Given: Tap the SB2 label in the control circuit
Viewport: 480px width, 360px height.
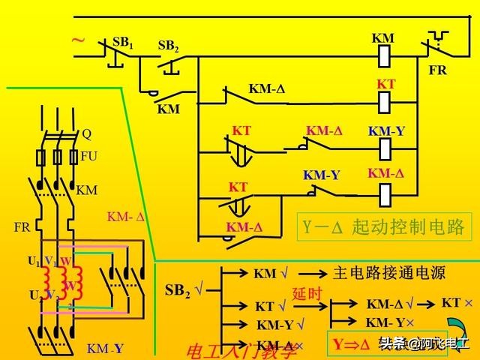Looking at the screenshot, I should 169,46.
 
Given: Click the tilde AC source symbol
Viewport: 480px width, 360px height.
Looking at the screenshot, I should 78,42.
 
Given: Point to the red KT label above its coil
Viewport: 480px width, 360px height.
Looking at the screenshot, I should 385,85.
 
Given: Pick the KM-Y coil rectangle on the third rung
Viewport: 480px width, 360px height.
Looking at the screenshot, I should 385,148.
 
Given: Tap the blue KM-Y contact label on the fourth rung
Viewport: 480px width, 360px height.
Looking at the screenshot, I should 322,175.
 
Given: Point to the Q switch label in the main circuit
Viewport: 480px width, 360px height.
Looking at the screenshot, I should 86,135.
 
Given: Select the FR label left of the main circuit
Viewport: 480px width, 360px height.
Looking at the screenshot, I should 21,226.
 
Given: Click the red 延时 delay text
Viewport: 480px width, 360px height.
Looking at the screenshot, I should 307,294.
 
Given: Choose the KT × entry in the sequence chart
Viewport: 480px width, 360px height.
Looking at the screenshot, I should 457,303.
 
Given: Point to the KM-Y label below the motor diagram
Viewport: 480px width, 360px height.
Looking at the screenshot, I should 105,349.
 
